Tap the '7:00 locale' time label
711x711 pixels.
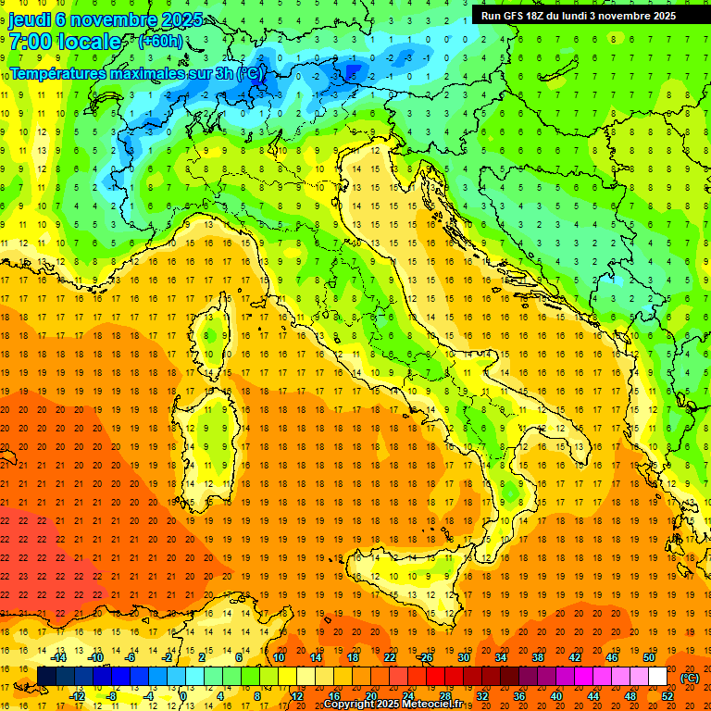(65, 43)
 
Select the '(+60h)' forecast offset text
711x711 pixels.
(160, 43)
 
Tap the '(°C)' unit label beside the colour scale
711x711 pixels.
(690, 678)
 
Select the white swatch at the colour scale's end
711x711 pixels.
(657, 677)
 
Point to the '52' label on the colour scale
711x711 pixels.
(667, 696)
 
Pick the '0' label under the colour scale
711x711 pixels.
(183, 696)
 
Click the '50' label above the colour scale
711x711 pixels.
(648, 657)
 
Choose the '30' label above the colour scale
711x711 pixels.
(463, 657)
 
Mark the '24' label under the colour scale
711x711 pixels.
(407, 696)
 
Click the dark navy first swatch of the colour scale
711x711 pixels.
(46, 677)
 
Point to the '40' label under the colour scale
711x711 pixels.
(555, 696)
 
